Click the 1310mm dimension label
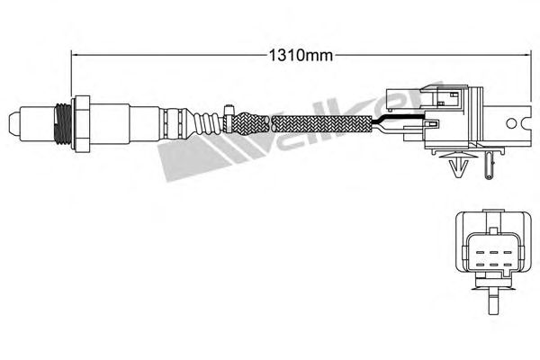(301, 55)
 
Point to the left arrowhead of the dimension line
(74, 54)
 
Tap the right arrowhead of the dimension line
(527, 54)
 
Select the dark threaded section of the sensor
(63, 123)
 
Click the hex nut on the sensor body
(81, 123)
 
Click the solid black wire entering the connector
(401, 118)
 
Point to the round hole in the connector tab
(511, 123)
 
